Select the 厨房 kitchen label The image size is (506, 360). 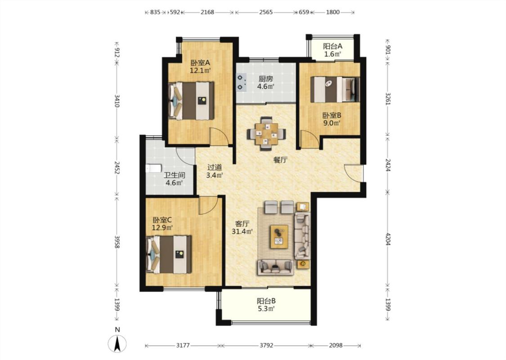(x=265, y=79)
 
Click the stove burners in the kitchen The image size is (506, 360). (x=241, y=82)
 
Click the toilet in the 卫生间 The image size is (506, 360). (x=153, y=168)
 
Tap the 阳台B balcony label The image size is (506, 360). (x=266, y=301)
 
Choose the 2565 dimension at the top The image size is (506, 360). (x=266, y=12)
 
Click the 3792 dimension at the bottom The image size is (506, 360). (x=266, y=346)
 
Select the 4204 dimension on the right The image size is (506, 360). (x=388, y=238)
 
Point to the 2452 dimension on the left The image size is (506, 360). (x=117, y=167)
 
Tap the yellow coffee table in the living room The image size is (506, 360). (x=279, y=237)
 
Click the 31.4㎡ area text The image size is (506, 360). (x=242, y=231)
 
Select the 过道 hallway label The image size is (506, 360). (x=215, y=167)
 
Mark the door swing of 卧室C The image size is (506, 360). (x=208, y=205)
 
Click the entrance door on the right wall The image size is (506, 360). (x=354, y=173)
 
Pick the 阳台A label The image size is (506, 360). (x=333, y=46)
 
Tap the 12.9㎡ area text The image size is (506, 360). (x=162, y=228)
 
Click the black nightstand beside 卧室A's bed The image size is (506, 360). (x=202, y=101)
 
